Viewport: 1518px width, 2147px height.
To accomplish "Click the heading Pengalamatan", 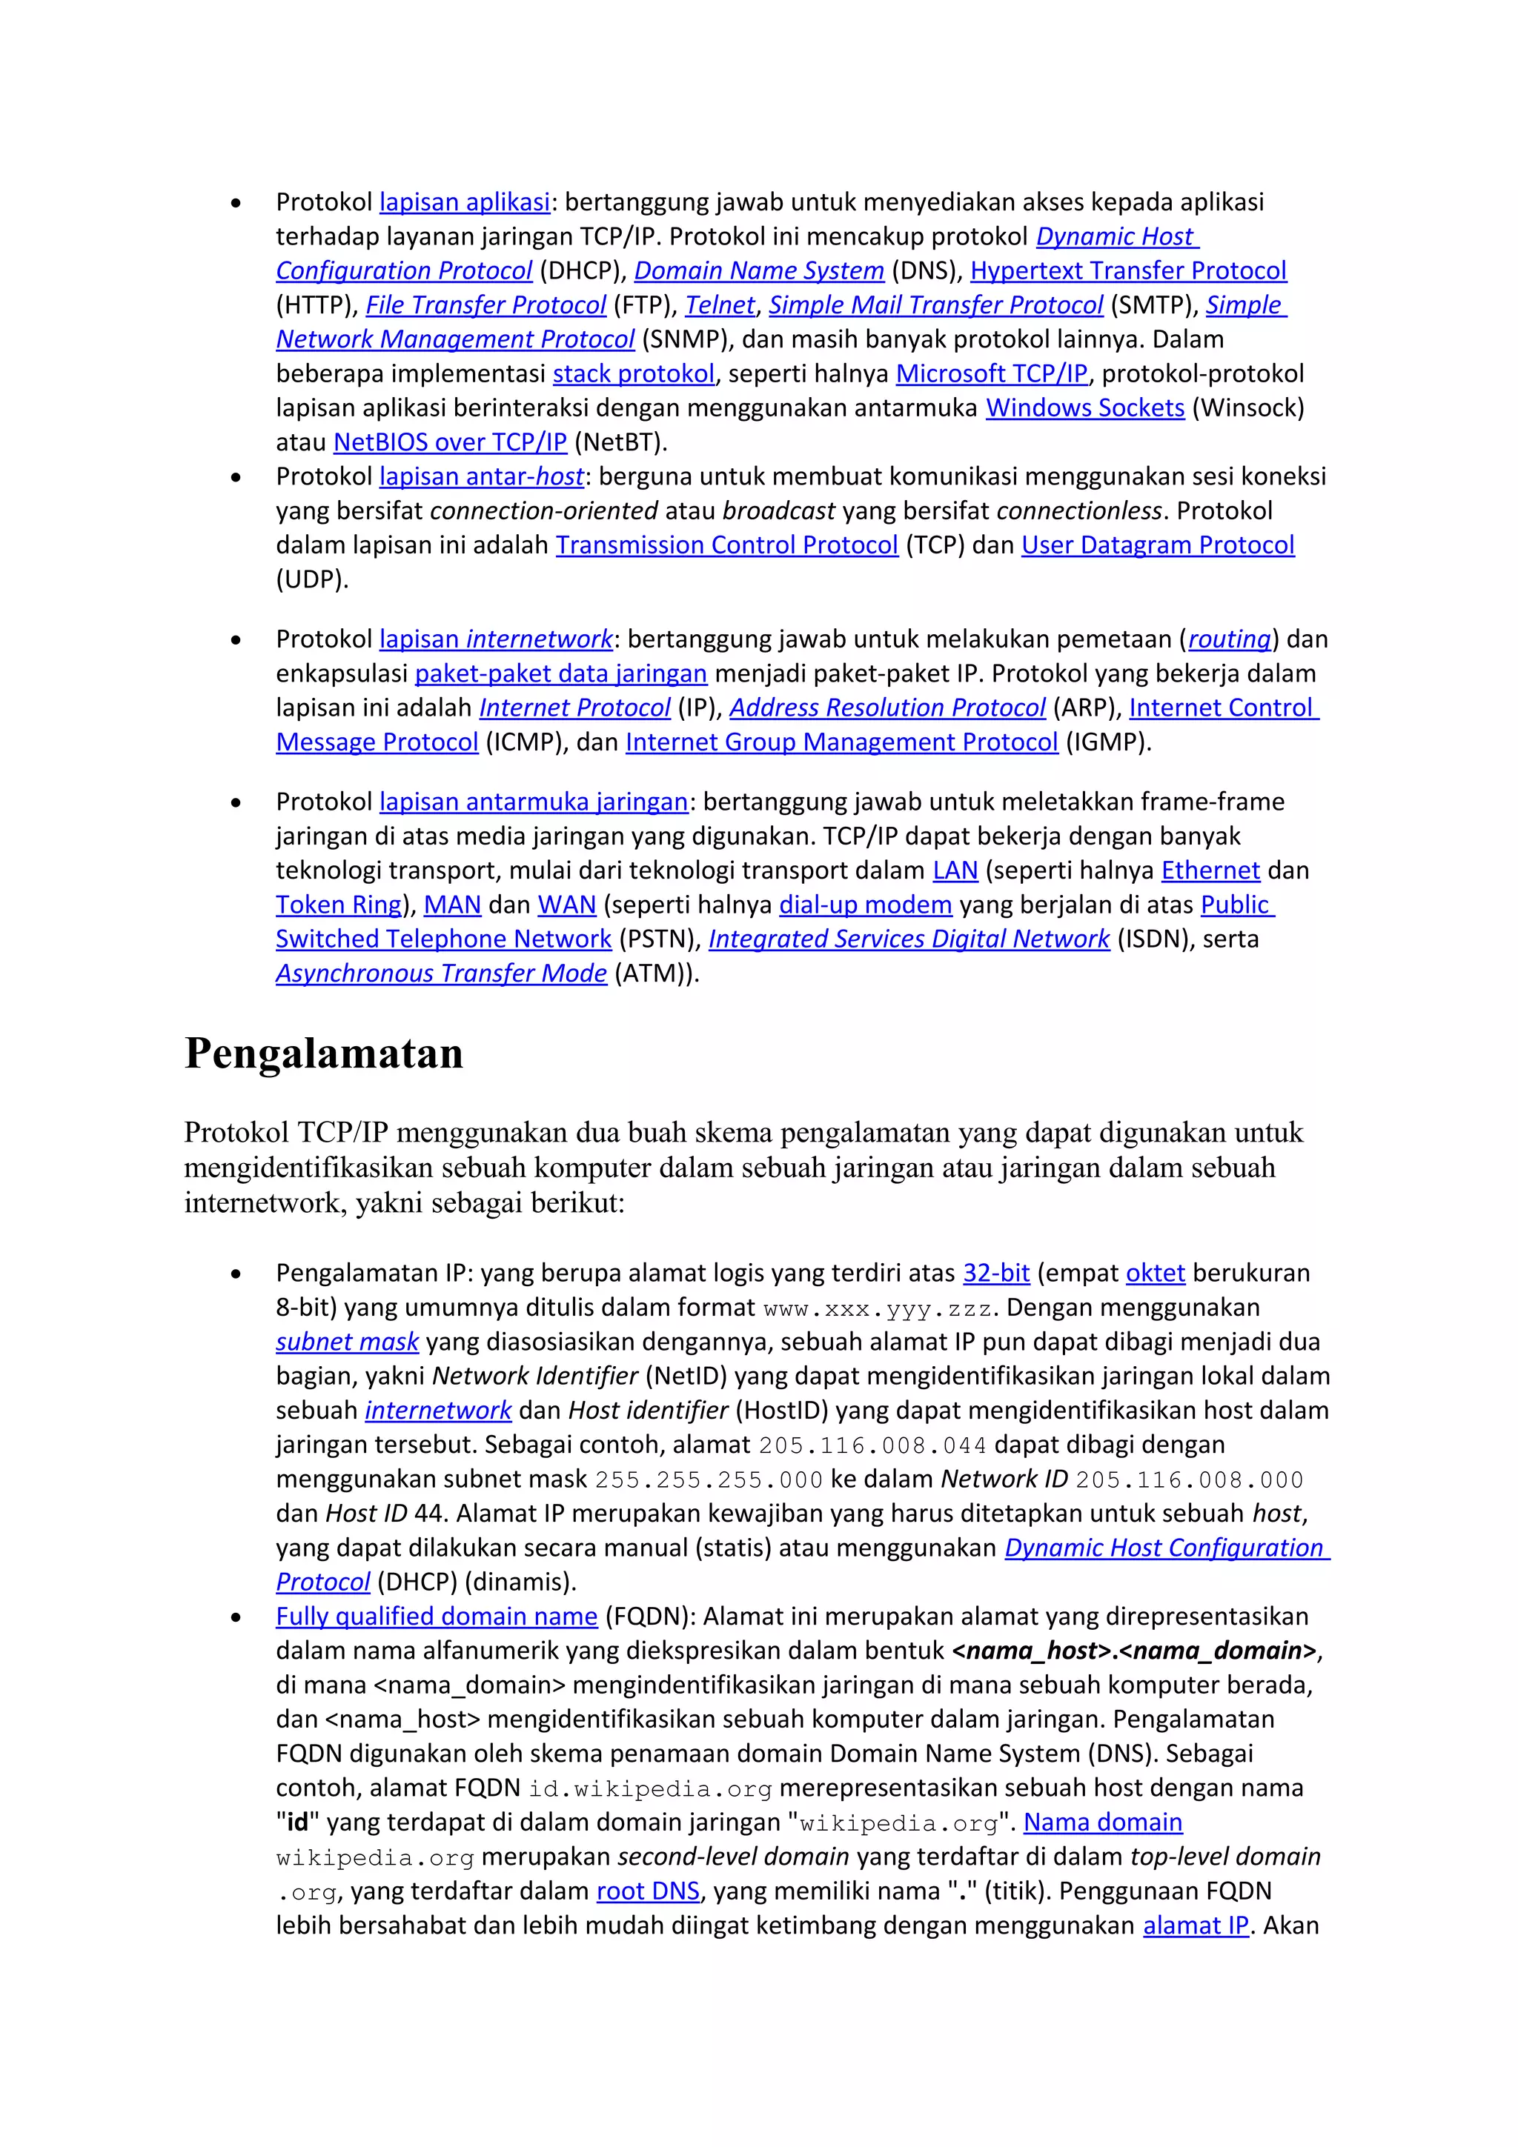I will [324, 1053].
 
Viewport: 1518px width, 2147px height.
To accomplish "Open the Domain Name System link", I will [758, 271].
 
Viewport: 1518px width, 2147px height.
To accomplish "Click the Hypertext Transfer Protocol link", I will [1128, 271].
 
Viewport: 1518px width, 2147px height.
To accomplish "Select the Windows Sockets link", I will [1085, 409].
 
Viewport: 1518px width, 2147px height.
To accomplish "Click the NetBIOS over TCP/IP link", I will [450, 442].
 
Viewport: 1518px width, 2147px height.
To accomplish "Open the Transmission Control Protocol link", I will [726, 545].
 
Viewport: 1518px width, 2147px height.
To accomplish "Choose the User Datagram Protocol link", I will [1157, 545].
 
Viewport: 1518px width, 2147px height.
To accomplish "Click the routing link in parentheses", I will [1229, 639].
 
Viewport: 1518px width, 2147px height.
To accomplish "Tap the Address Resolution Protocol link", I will [886, 708].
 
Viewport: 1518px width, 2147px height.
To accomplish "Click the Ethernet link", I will [1210, 871].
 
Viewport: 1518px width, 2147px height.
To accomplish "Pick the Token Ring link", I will [339, 905].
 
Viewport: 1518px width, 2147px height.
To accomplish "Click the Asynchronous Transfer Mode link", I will [440, 973].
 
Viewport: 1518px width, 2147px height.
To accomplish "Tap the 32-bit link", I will [996, 1274].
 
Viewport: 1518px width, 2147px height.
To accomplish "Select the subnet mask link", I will [347, 1342].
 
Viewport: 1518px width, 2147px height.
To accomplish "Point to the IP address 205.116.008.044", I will [872, 1445].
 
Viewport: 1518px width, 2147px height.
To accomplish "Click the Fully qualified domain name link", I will [436, 1617].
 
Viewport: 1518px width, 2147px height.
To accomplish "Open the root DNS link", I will [648, 1891].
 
